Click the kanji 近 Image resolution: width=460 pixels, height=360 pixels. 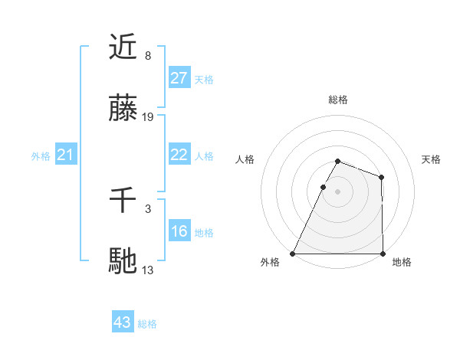click(123, 47)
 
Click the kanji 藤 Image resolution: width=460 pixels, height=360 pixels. click(123, 107)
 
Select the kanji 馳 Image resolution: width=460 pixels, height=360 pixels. click(123, 260)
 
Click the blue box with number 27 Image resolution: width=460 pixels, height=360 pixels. click(179, 78)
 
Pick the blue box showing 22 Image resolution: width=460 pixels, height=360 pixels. click(179, 155)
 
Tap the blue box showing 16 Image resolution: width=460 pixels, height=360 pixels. click(179, 231)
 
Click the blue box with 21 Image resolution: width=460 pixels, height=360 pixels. click(65, 155)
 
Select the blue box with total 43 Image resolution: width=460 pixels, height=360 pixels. click(123, 322)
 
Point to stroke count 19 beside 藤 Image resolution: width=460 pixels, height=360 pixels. click(148, 117)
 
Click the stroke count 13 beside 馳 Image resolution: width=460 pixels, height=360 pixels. click(148, 270)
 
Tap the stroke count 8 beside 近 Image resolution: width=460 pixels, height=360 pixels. click(148, 56)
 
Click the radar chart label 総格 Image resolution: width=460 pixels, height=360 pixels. click(337, 100)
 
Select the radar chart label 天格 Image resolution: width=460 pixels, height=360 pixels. click(431, 159)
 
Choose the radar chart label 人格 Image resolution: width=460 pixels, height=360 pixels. click(245, 159)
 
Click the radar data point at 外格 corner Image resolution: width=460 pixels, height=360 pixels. click(293, 254)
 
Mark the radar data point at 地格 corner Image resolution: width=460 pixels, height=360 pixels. click(383, 254)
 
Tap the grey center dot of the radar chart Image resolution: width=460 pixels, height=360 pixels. click(337, 191)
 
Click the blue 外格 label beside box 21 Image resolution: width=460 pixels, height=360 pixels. click(41, 156)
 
